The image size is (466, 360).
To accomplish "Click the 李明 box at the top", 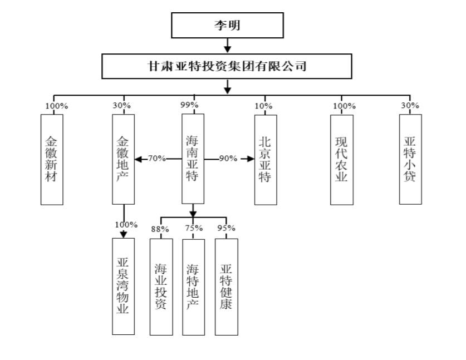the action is pos(227,25).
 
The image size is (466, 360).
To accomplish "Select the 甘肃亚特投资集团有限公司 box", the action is pos(227,66).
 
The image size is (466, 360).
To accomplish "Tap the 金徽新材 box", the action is pos(52,160).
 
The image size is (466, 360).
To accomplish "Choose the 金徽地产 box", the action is pos(124,159).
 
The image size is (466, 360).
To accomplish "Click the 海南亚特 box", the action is pos(193,159).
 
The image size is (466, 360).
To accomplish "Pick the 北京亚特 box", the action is pos(266,160).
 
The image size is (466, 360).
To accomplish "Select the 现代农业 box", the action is pos(342,160).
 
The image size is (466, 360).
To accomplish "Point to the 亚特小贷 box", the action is pos(410,159).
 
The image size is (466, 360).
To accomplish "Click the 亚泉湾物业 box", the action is pos(124,287).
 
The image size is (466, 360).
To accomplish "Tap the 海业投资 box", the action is pos(161,287).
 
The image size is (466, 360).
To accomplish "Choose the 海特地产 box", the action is pos(194,287).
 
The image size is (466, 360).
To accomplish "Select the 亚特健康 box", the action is pos(227,287).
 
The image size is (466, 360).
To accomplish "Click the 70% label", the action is pos(156,159).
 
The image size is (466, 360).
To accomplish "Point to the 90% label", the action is pos(228,159).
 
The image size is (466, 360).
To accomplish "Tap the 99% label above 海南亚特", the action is pos(189,105).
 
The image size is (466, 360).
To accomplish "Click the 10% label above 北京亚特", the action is pos(263,106).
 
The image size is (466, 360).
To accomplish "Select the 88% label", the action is pos(160,229).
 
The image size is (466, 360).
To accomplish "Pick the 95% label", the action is pos(226,228).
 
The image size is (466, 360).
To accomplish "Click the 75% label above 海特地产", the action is pos(194,228).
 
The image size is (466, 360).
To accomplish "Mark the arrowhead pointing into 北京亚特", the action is pos(251,159).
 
